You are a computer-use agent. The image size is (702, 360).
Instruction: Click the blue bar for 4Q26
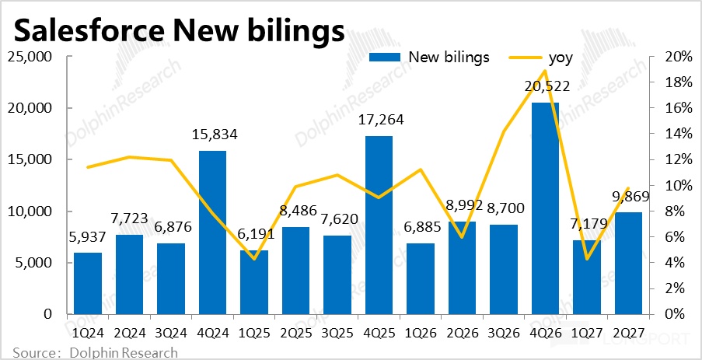click(545, 208)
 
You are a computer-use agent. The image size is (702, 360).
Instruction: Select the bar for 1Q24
click(88, 284)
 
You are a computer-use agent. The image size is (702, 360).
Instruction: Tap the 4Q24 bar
click(212, 232)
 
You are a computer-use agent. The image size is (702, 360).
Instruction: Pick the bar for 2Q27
click(629, 264)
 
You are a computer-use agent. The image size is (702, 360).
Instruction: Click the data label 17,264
click(379, 120)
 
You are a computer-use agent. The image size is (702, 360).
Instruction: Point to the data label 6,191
click(254, 235)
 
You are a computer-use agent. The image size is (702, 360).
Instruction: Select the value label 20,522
click(545, 86)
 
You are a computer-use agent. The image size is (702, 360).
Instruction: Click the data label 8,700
click(504, 208)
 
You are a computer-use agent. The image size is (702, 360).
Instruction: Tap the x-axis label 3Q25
click(337, 333)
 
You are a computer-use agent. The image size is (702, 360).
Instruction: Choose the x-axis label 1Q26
click(421, 333)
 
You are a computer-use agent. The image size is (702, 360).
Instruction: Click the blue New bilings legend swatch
click(384, 57)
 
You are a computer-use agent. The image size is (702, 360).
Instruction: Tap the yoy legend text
click(561, 58)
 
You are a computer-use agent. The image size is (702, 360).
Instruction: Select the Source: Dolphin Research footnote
click(96, 352)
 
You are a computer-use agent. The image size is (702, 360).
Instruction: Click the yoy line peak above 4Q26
click(545, 70)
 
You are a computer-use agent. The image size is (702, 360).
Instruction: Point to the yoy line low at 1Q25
click(254, 259)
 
